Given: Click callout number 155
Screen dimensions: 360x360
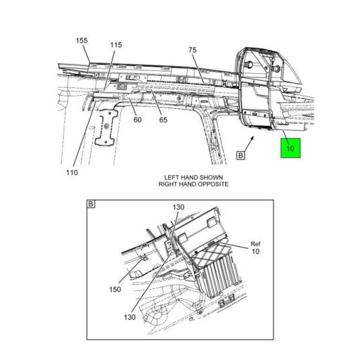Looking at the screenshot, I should [82, 41].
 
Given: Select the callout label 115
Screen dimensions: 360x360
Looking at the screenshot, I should [116, 46].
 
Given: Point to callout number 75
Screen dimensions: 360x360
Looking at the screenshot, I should [193, 50].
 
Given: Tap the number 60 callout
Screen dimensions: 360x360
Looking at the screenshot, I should [138, 120].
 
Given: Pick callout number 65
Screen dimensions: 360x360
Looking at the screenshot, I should [162, 120].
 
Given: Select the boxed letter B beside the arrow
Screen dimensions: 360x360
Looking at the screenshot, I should [240, 155].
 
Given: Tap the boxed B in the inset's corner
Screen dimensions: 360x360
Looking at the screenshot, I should [91, 205].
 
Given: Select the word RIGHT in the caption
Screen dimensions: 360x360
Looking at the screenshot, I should [168, 184].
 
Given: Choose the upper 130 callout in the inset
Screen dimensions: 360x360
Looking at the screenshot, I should [178, 207].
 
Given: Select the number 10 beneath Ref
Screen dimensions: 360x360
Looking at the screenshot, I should [255, 252].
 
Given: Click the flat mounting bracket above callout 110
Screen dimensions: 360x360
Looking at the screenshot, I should [106, 127].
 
